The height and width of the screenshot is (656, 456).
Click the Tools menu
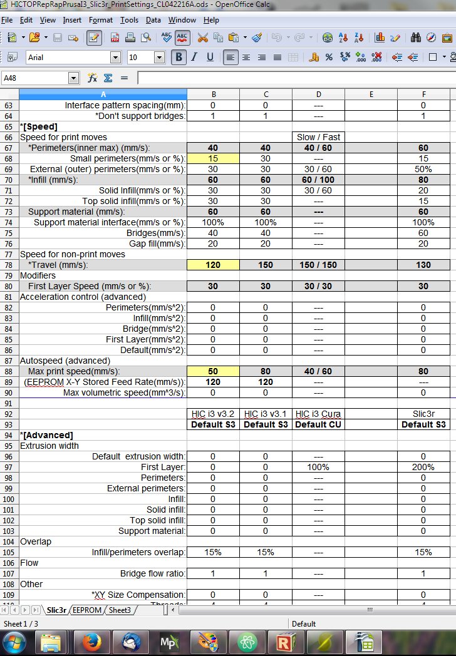click(x=129, y=20)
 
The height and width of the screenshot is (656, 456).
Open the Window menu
click(x=182, y=20)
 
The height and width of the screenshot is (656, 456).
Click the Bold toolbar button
click(x=179, y=58)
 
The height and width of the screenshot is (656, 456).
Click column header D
click(x=318, y=95)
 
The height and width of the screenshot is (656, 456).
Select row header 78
click(x=9, y=265)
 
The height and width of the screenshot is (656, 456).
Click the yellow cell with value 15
click(x=213, y=158)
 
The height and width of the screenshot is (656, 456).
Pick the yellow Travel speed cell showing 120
click(x=213, y=265)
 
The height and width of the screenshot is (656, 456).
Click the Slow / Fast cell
click(x=318, y=137)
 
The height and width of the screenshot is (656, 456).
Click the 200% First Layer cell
click(x=423, y=467)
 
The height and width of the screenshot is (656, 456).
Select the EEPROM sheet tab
click(x=86, y=610)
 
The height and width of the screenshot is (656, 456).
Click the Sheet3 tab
click(x=120, y=610)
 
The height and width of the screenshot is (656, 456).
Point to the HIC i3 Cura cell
click(x=318, y=414)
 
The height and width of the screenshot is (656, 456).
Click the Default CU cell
click(x=318, y=424)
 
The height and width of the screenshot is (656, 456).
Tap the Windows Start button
click(x=14, y=642)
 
